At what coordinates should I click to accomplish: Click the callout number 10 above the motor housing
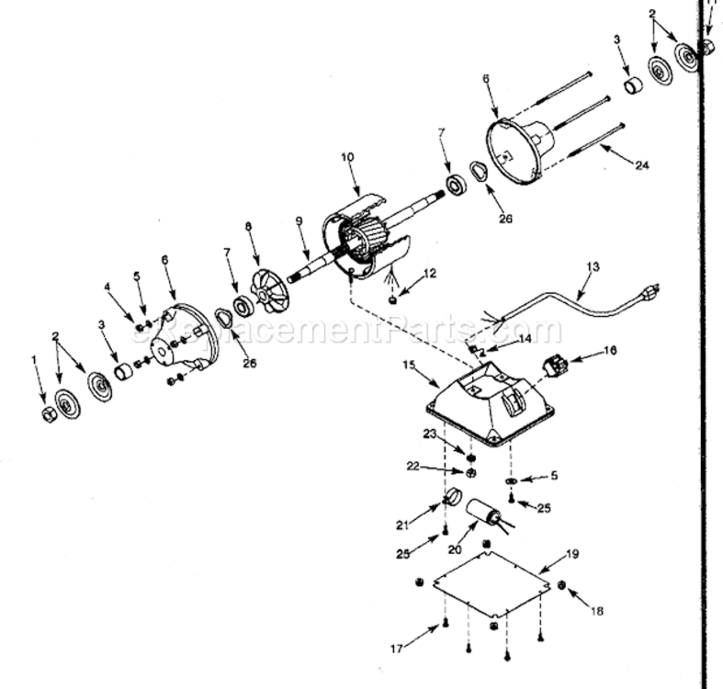click(x=347, y=158)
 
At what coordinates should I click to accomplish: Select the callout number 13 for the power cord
click(x=592, y=266)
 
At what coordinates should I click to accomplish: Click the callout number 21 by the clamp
click(x=401, y=525)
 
